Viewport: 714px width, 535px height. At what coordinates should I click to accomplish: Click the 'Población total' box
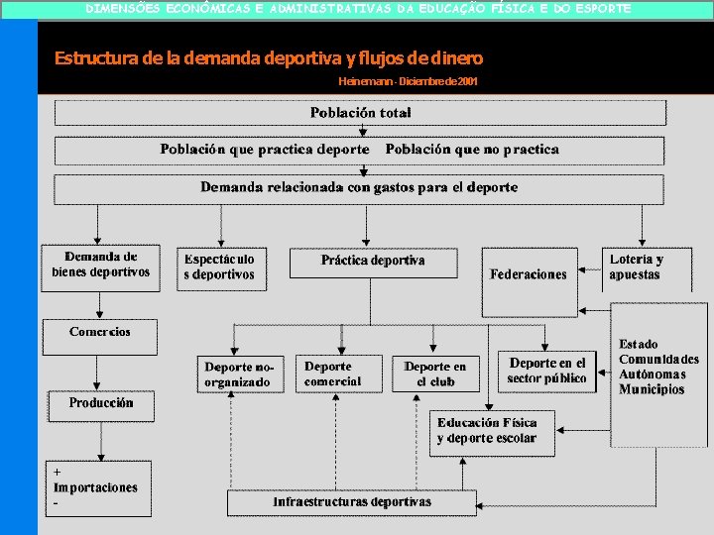coord(360,113)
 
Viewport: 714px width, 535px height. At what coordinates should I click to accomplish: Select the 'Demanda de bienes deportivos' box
coord(100,265)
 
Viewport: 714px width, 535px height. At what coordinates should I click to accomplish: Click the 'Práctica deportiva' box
coord(373,262)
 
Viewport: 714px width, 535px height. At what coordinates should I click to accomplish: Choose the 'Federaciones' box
coord(529,274)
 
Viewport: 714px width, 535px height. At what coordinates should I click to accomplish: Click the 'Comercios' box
coord(99,335)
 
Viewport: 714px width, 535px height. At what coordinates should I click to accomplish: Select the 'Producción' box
coord(100,404)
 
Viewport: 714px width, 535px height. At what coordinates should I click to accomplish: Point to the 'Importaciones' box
coord(96,487)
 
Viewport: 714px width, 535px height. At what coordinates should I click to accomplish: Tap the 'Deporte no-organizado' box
coord(238,374)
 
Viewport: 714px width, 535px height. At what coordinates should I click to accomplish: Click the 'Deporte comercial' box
coord(334,374)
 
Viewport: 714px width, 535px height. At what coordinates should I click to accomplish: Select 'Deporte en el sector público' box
coord(546,371)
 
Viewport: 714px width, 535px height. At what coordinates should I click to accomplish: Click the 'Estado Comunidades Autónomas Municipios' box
coord(658,367)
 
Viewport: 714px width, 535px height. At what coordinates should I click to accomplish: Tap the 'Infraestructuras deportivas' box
coord(352,502)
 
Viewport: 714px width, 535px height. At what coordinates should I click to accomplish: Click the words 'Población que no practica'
coord(472,150)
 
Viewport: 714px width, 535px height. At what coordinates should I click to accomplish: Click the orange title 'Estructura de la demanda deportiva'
coord(269,58)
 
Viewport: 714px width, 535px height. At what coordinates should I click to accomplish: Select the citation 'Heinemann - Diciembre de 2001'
coord(408,81)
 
